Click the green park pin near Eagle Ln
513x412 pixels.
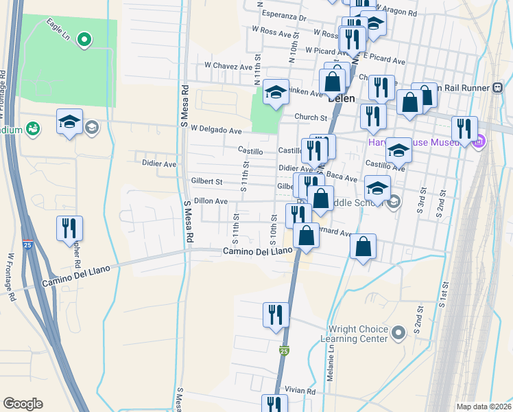[x=84, y=40]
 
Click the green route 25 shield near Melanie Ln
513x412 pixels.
[x=285, y=351]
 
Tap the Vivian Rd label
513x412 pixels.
[x=301, y=391]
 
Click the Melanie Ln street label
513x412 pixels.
[x=331, y=358]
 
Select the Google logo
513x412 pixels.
[x=23, y=404]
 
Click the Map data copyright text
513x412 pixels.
[x=484, y=407]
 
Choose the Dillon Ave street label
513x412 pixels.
[x=211, y=201]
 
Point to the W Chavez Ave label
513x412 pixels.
[x=228, y=67]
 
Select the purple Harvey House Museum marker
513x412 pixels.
[x=479, y=142]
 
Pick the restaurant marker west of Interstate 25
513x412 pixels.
[x=70, y=228]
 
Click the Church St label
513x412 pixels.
[x=311, y=117]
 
